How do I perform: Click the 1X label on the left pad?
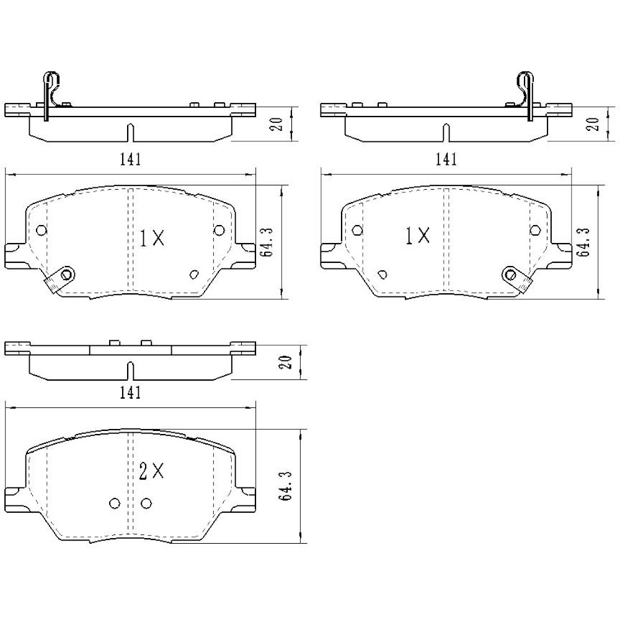153,238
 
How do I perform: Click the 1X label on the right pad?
418,236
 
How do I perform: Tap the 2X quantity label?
152,471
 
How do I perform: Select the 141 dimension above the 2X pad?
130,392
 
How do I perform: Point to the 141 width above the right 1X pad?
446,159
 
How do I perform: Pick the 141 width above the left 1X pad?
130,159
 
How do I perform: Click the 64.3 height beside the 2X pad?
285,485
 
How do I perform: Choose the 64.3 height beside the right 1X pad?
583,242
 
